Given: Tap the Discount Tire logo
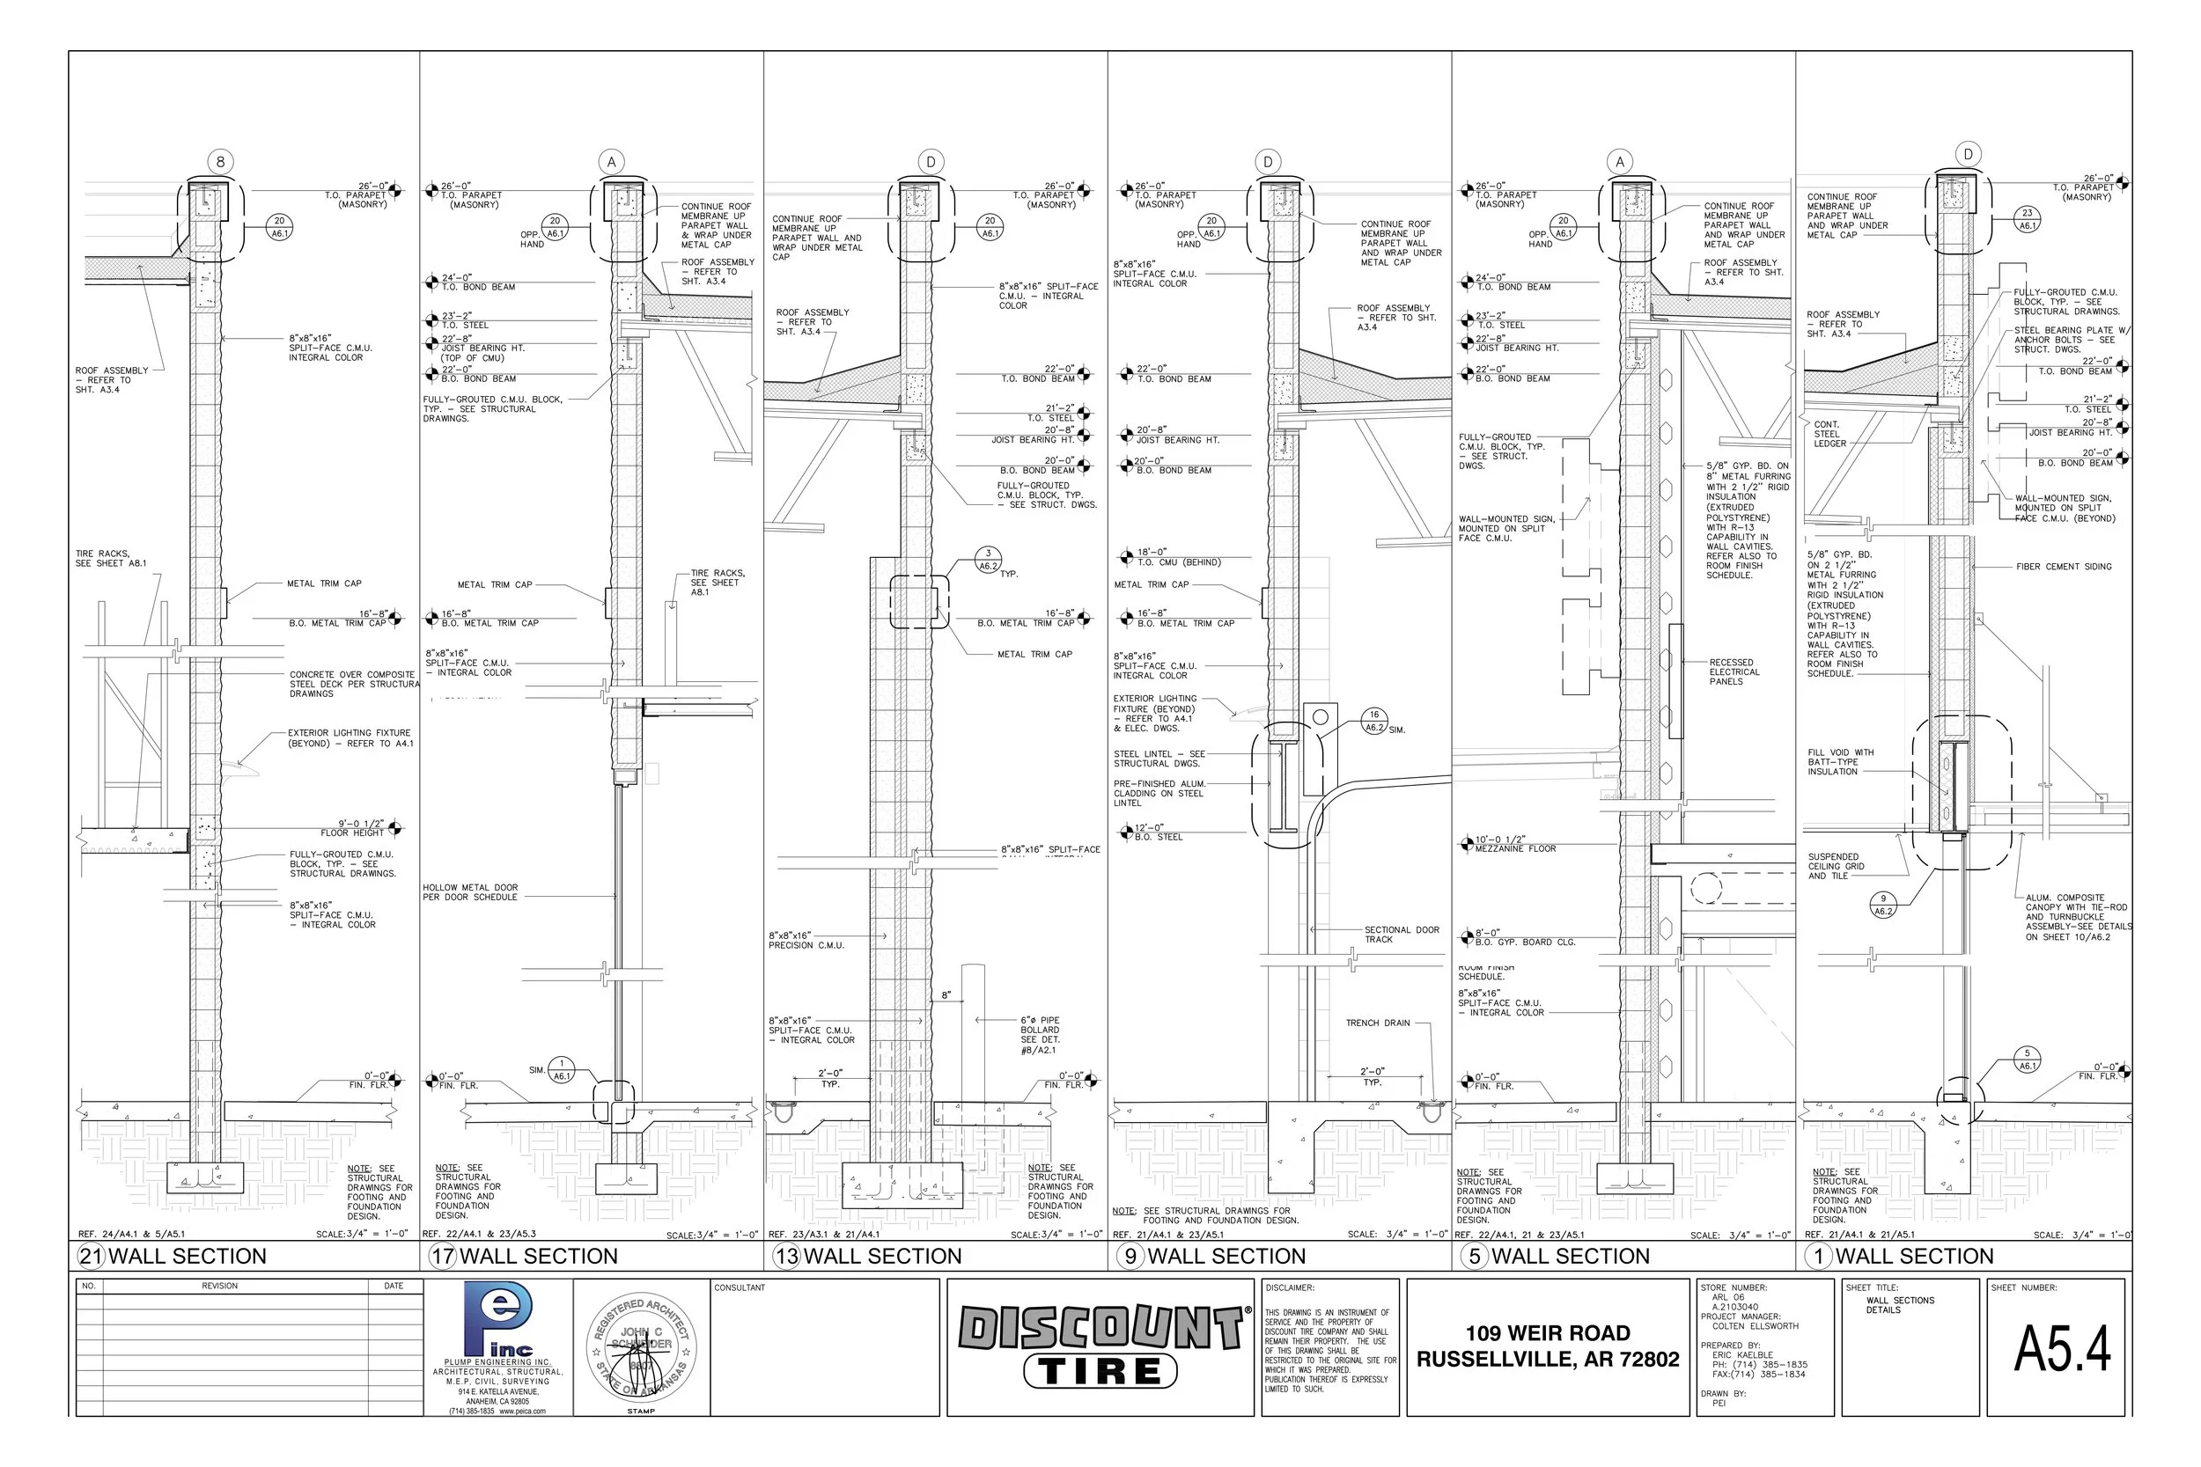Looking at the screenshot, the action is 1100,1346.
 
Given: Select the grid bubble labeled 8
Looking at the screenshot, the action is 220,162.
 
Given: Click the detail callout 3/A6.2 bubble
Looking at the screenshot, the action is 987,560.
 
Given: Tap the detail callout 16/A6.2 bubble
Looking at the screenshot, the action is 1373,721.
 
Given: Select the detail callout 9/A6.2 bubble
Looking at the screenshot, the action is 1883,905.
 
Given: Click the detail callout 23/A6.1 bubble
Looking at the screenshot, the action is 2027,219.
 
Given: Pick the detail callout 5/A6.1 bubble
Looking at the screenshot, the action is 2027,1059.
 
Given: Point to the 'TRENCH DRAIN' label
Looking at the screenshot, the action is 1377,1023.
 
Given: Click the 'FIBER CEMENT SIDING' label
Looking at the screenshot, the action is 2064,567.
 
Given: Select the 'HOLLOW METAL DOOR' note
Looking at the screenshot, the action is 470,892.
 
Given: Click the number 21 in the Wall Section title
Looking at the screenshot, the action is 91,1256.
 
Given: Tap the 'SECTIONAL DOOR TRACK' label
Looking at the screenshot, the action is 1401,935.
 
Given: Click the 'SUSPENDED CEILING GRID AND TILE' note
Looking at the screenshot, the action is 1835,866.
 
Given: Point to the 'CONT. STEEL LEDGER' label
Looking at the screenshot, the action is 1829,434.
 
